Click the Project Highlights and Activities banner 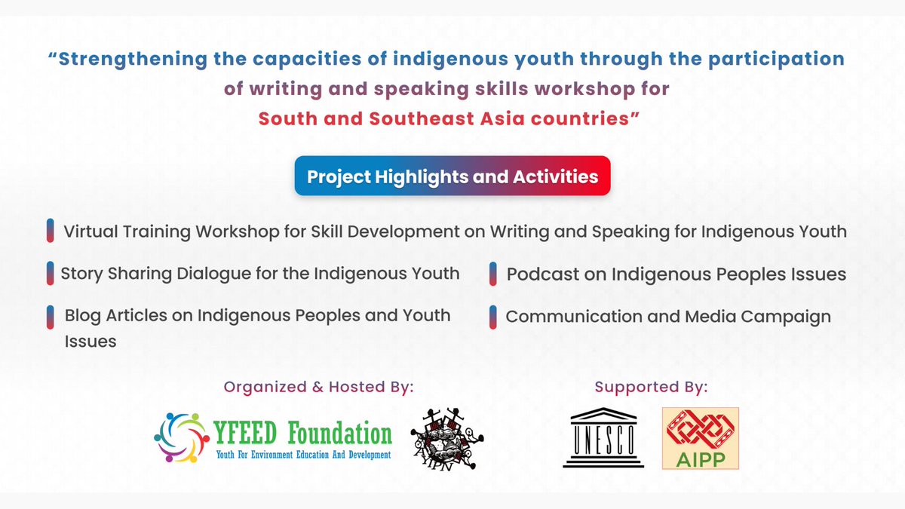(452, 176)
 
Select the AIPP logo (700, 438)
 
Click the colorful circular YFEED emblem (180, 437)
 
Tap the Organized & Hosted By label (318, 388)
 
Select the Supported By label (651, 388)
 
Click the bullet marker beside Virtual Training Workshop (50, 232)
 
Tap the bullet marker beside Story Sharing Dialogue (50, 273)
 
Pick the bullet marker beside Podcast (492, 274)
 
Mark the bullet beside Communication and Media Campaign (492, 317)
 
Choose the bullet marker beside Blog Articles (50, 316)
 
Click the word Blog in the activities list (81, 315)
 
